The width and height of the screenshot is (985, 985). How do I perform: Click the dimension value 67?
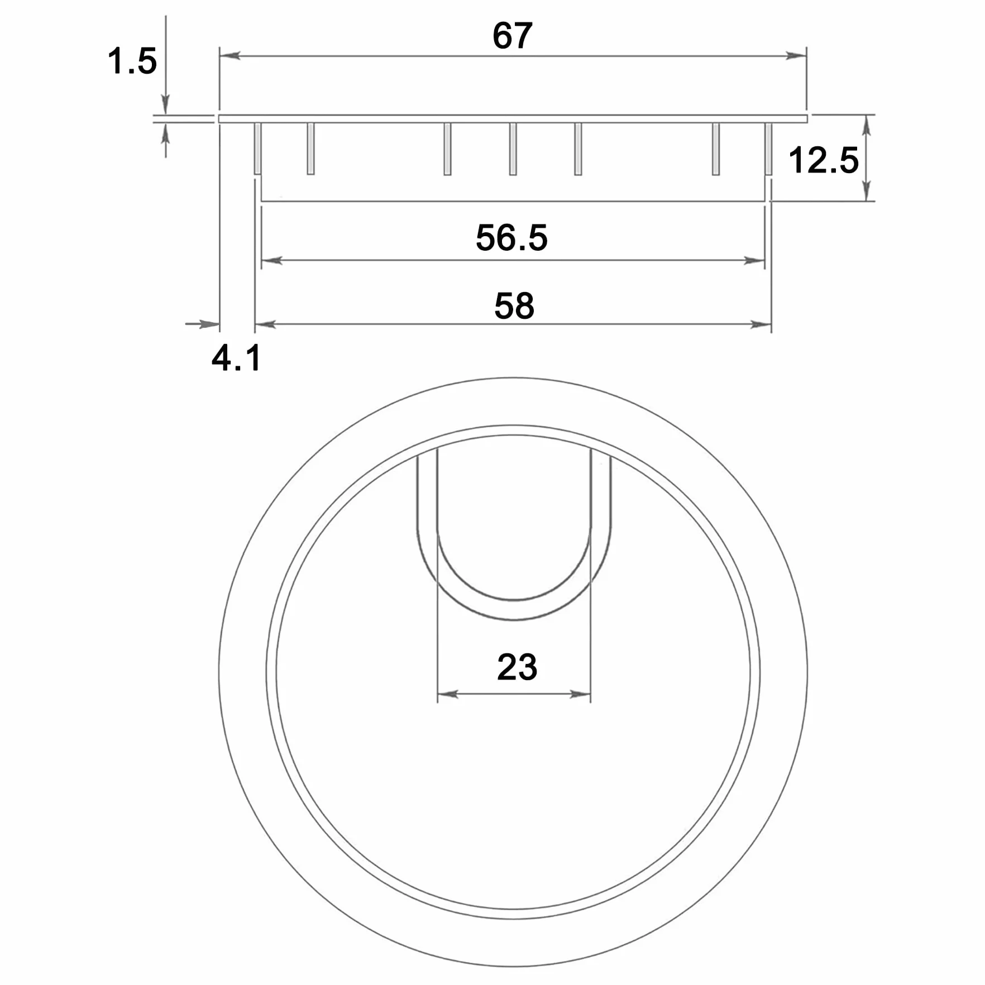point(512,36)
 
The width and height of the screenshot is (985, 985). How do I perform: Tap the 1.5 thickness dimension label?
point(132,61)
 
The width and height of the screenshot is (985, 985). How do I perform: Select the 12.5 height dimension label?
point(823,160)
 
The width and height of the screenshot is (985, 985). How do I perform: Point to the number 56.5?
point(511,237)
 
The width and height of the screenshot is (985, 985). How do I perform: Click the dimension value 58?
point(514,306)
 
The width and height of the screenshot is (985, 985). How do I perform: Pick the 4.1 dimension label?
point(236,358)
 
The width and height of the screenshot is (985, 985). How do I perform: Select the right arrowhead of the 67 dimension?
point(796,55)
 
